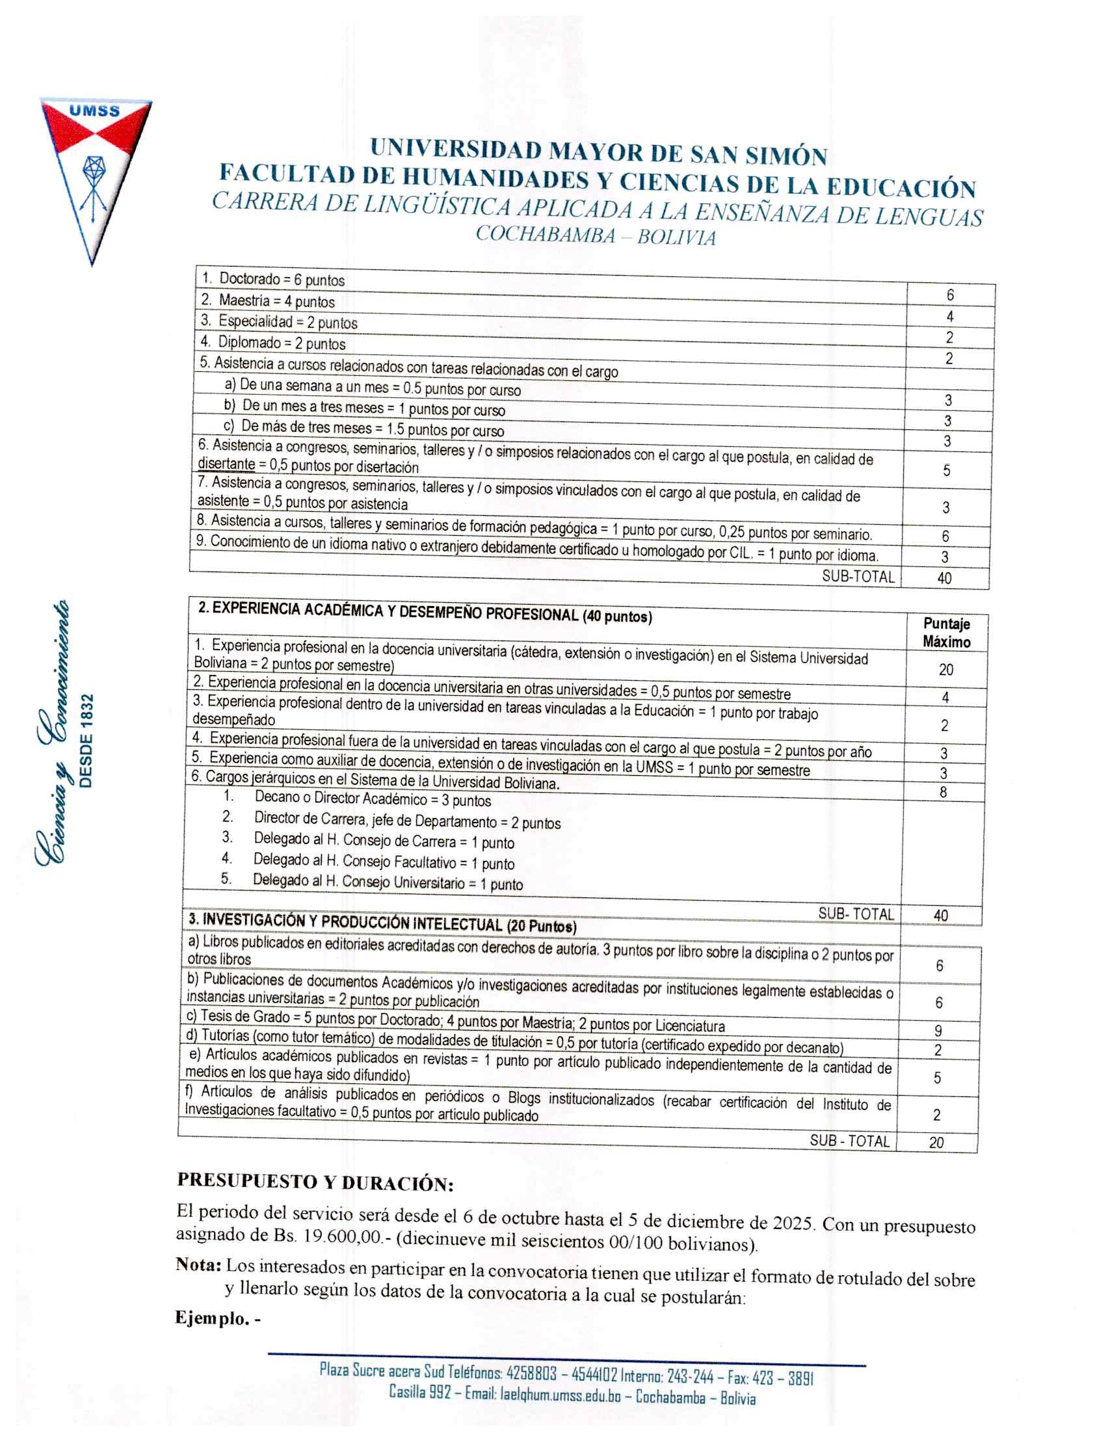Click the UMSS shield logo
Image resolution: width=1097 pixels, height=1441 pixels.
click(96, 176)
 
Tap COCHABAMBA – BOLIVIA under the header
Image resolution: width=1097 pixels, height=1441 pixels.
click(596, 235)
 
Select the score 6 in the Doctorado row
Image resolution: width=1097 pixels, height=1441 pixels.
click(950, 295)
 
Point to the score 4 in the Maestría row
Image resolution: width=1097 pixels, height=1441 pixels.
click(950, 317)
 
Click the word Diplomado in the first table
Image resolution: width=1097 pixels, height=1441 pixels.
click(250, 342)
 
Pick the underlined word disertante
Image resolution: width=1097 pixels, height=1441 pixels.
click(226, 464)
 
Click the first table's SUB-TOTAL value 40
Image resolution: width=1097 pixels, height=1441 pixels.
click(944, 578)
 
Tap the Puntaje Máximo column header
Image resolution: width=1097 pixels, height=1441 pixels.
click(946, 633)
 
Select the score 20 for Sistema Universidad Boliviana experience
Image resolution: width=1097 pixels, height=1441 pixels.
click(946, 670)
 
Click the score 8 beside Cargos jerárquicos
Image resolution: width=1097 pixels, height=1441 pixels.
click(943, 793)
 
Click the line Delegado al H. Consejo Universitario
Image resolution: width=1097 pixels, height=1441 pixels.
click(388, 882)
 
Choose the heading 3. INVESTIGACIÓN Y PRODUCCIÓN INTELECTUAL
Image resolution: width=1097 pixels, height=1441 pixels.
click(382, 923)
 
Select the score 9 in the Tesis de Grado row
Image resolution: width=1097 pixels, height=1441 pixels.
click(938, 1031)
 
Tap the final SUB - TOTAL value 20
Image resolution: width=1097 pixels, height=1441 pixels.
click(936, 1143)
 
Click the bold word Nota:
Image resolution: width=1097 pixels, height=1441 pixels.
click(198, 1265)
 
